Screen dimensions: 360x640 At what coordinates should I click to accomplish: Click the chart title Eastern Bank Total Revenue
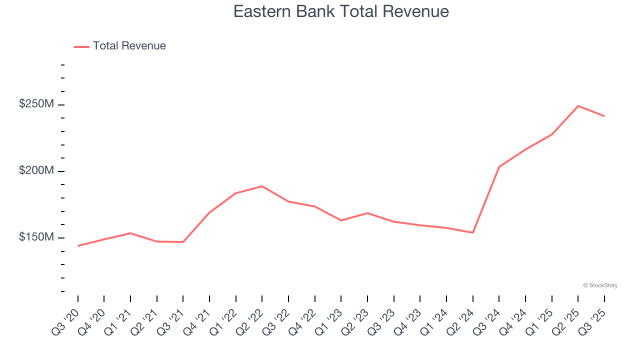[341, 11]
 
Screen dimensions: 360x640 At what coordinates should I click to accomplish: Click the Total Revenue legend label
[129, 46]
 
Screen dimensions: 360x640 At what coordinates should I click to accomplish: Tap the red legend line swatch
[81, 46]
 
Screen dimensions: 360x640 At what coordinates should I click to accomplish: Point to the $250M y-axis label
[36, 104]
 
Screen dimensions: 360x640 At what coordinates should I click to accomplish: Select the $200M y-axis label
[36, 171]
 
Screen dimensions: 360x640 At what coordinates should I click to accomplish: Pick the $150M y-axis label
[36, 237]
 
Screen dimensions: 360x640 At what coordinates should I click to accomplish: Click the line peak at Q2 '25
[578, 106]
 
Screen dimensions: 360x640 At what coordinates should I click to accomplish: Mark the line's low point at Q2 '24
[472, 232]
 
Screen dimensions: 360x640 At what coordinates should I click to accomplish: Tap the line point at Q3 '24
[499, 167]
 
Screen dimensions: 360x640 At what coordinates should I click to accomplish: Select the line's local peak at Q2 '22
[262, 186]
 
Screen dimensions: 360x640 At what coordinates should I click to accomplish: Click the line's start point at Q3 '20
[78, 245]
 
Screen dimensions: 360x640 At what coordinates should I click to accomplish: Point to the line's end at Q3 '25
[604, 116]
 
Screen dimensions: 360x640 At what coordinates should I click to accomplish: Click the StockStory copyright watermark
[600, 285]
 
